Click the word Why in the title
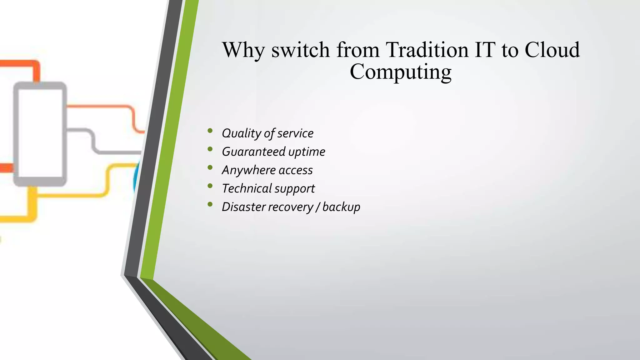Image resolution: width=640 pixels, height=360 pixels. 243,50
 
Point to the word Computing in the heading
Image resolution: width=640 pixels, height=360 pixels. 400,72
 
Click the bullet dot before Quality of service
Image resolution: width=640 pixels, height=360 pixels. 210,131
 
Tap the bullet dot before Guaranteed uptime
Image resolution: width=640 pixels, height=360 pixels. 210,149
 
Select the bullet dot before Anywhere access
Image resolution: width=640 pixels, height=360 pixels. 210,168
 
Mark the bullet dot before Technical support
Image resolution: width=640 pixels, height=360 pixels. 210,186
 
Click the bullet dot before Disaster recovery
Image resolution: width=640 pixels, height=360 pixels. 210,205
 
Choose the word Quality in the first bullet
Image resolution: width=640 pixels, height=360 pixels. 241,133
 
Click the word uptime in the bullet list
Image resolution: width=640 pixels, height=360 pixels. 307,152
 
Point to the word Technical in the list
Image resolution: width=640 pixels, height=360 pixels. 247,188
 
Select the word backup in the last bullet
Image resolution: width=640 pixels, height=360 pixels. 341,207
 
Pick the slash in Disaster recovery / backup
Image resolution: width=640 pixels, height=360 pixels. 317,207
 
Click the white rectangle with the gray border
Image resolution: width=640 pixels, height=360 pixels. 40,133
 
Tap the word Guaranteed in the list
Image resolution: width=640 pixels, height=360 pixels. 253,152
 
